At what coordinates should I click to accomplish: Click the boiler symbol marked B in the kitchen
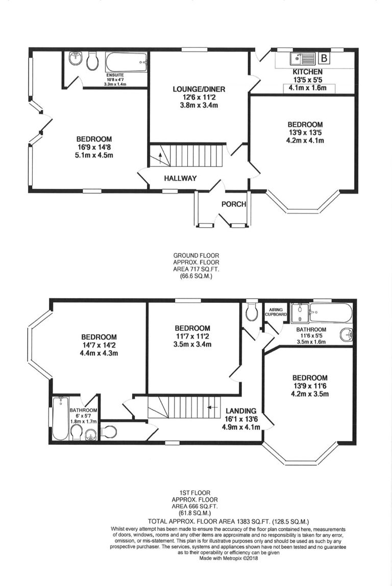(x=324, y=58)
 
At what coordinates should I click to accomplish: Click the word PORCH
(x=234, y=204)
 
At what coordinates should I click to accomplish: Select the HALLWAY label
(x=180, y=178)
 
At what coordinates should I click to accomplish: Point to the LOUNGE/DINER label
(x=199, y=89)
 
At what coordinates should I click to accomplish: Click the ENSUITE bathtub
(x=126, y=62)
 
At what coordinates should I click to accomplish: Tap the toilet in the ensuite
(x=92, y=61)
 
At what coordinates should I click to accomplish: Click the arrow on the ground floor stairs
(x=161, y=158)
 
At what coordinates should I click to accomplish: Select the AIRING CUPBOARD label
(x=276, y=312)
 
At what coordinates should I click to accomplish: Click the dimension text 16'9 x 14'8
(x=93, y=147)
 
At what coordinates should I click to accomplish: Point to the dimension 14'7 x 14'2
(x=99, y=345)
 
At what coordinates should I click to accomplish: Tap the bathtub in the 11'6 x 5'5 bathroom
(x=330, y=313)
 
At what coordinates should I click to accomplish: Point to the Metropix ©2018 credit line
(x=228, y=558)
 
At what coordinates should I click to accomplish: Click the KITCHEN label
(x=307, y=72)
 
